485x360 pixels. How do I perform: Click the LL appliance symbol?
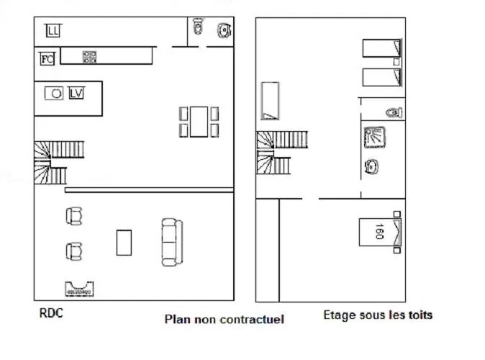(x=53, y=31)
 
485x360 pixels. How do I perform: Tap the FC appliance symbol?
(x=47, y=58)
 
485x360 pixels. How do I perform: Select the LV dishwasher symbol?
(x=76, y=93)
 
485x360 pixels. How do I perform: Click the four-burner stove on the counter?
(x=90, y=57)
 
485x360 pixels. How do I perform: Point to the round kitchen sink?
(x=54, y=93)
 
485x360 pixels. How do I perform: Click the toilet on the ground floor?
(x=198, y=26)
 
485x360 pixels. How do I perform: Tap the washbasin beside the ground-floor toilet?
(x=225, y=30)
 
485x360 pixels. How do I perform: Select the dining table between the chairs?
(x=199, y=122)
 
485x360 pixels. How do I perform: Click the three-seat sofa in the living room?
(x=172, y=243)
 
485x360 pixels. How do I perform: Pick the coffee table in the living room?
(x=124, y=243)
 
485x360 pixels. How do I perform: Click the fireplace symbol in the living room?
(x=79, y=289)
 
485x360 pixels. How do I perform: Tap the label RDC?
(x=51, y=313)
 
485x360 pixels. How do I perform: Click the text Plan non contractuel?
(x=225, y=319)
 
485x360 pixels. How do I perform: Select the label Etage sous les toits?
(x=378, y=315)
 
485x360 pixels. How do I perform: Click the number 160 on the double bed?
(x=379, y=231)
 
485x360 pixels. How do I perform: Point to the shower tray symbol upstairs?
(x=375, y=137)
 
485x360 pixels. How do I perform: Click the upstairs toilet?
(x=394, y=112)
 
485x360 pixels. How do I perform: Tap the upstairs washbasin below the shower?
(x=371, y=166)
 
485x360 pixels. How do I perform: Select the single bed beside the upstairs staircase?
(x=270, y=101)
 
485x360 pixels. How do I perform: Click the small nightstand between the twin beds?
(x=396, y=62)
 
